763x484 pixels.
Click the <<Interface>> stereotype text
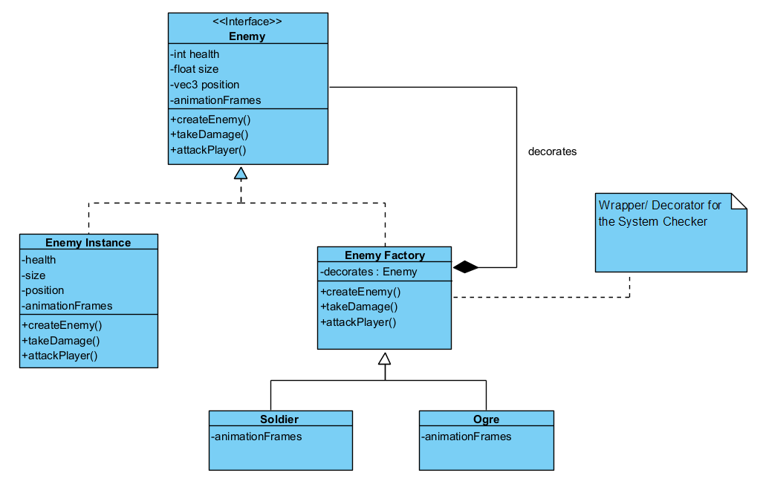(x=247, y=22)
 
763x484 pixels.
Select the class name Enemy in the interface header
(x=247, y=36)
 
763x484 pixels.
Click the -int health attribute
(x=195, y=53)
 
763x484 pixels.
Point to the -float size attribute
(x=195, y=69)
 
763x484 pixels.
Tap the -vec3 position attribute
(x=205, y=85)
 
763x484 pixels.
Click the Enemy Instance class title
(x=88, y=242)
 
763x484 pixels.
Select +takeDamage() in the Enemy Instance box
(x=61, y=340)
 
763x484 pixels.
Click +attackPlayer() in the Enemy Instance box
(x=60, y=355)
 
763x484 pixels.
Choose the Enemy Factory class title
(x=384, y=255)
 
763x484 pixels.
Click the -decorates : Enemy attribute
(x=368, y=272)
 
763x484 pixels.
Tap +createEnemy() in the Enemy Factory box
(x=360, y=292)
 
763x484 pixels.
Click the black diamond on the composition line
(x=465, y=267)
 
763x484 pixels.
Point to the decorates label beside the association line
(x=552, y=151)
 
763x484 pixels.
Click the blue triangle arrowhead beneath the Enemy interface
(x=240, y=173)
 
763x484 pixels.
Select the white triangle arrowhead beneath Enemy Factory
(x=384, y=358)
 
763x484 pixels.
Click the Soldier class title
(x=279, y=419)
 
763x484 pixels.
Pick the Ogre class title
(x=486, y=419)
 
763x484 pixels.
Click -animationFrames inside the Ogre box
(x=467, y=436)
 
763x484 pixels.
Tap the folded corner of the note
(x=739, y=200)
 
